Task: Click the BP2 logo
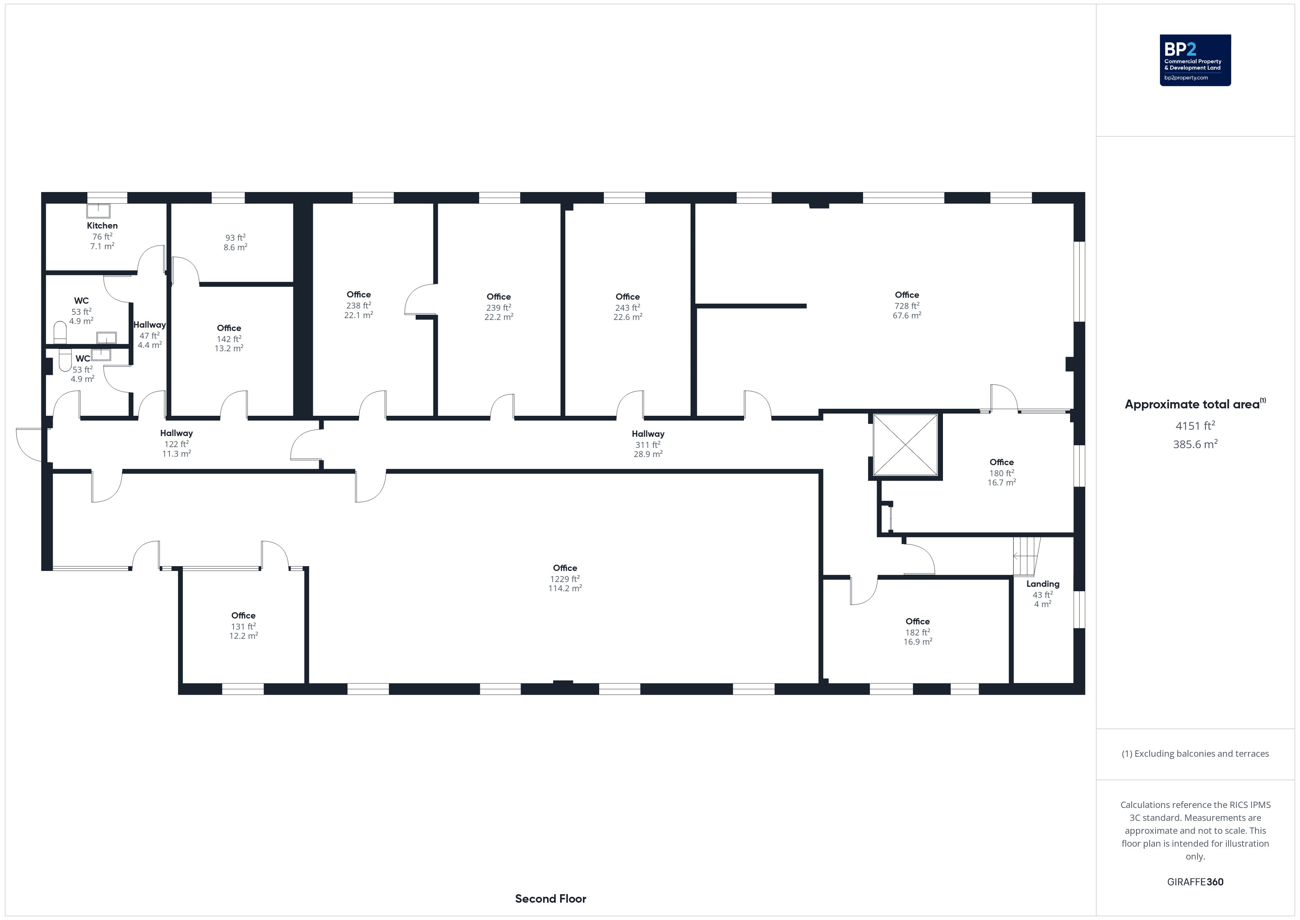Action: [1195, 60]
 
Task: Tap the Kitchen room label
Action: [102, 226]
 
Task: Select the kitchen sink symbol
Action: [98, 211]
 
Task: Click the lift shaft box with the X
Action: [905, 445]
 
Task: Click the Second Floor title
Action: [551, 899]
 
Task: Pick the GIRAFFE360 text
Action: [1195, 882]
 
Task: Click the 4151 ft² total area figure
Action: [1195, 425]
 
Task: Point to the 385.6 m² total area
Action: [1195, 444]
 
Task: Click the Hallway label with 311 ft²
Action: [648, 434]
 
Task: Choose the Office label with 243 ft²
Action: [628, 297]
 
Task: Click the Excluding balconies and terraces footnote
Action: [1195, 753]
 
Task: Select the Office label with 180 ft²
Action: [1001, 462]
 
